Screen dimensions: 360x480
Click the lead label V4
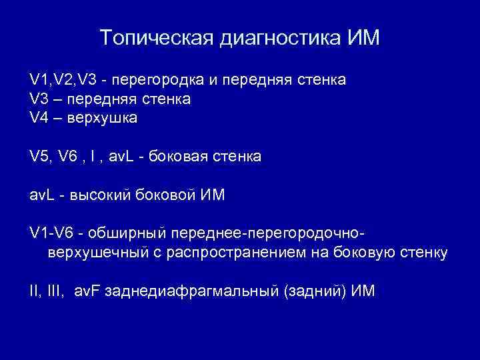pos(40,118)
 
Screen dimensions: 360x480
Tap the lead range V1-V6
pos(53,233)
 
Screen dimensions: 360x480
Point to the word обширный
pos(129,233)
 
